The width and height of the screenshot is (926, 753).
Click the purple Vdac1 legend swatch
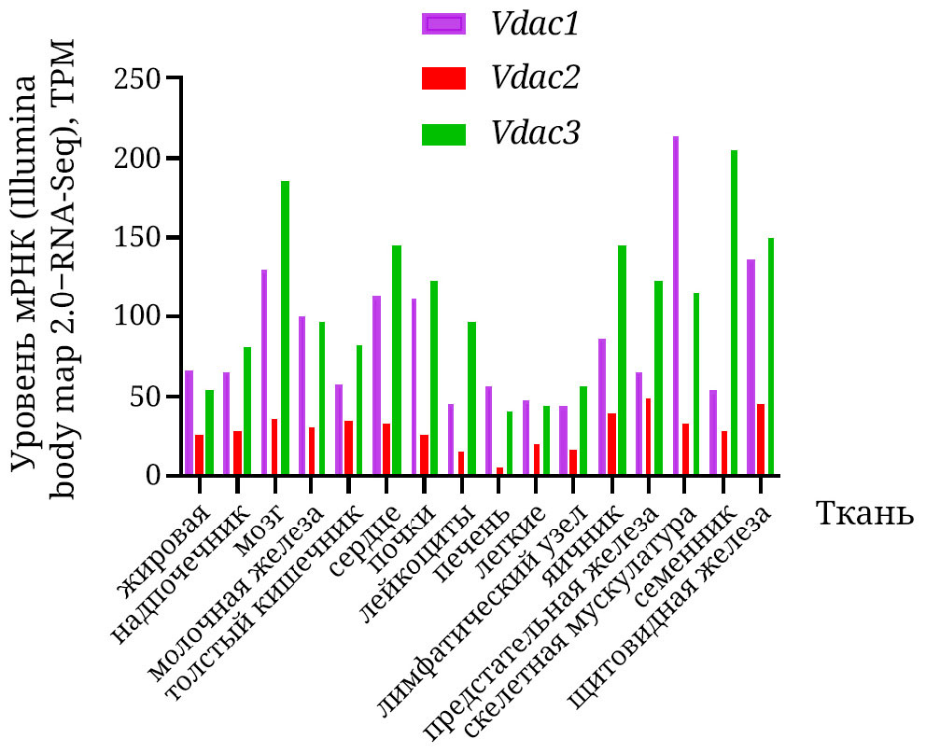click(443, 24)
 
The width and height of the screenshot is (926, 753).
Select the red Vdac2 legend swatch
click(443, 79)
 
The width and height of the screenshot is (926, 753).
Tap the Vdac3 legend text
click(536, 133)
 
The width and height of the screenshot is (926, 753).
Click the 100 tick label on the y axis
click(136, 317)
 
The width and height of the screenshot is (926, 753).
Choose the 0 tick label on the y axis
click(150, 476)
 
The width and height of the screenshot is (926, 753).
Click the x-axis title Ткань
click(864, 513)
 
